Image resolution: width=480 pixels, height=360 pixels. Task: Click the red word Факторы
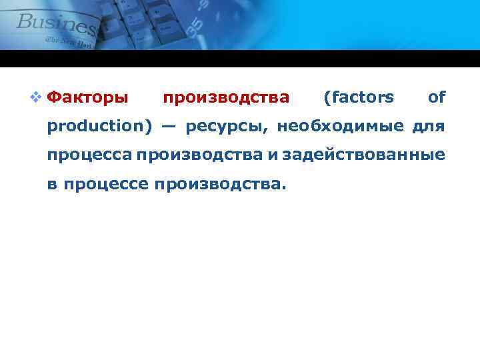89,98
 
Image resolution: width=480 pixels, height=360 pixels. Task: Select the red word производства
227,98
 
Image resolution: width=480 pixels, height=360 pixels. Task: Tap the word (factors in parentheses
358,98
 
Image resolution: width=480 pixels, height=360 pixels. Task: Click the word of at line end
437,98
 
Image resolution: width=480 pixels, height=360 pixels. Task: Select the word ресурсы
227,127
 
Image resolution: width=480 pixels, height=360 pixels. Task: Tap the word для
428,126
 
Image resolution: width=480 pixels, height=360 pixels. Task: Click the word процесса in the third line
89,155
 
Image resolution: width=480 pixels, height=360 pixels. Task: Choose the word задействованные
363,155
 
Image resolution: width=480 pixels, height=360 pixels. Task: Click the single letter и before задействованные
273,155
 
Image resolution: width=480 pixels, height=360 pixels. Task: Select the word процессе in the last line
105,183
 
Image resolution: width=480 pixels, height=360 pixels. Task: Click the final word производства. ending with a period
221,183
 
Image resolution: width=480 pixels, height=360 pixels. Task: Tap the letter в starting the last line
51,183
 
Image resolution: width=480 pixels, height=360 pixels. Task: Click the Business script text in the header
57,24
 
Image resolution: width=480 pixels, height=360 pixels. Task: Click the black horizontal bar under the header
240,59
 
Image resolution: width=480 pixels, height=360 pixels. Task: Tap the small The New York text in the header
70,41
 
